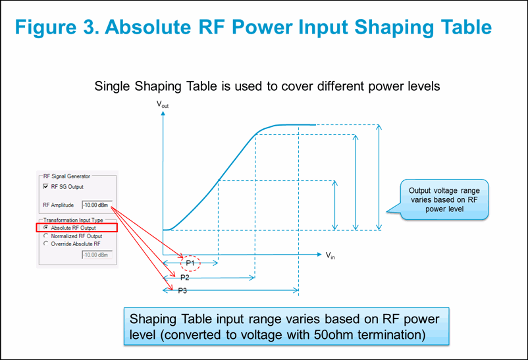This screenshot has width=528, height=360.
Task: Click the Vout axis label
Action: [x=162, y=105]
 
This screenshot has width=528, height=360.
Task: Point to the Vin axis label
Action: [x=330, y=255]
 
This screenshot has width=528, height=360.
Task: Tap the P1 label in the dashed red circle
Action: [x=190, y=263]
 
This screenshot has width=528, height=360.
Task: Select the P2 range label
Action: [x=185, y=277]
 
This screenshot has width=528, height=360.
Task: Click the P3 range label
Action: [x=184, y=290]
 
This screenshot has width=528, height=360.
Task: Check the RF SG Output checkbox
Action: [x=46, y=187]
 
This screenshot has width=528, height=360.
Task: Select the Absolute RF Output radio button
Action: [x=45, y=228]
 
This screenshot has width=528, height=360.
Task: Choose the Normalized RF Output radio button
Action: [x=45, y=236]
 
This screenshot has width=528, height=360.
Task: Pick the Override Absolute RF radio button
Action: [x=45, y=244]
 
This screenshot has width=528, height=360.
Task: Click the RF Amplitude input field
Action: [x=97, y=205]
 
